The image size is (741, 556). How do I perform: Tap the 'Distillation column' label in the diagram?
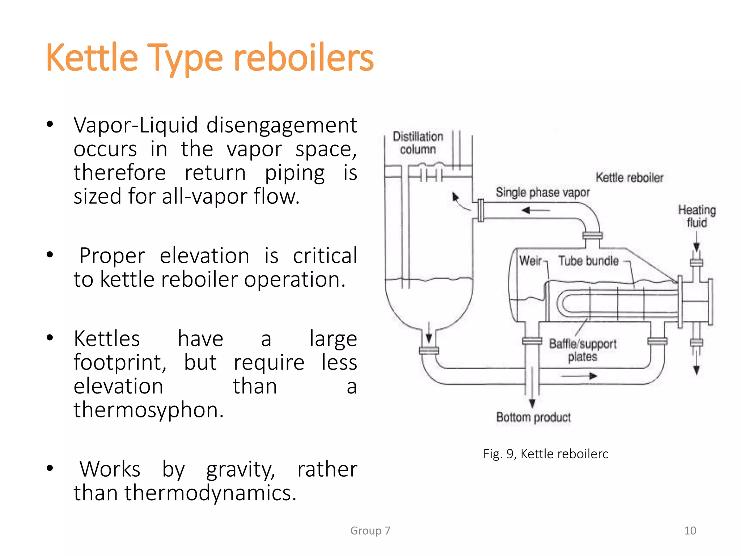(418, 143)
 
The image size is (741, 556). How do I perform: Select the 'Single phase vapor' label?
(542, 192)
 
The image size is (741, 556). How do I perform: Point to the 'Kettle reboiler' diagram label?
(630, 177)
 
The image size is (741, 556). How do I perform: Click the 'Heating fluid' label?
(697, 216)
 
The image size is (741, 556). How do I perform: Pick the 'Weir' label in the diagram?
(530, 261)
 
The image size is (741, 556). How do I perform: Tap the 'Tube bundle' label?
(588, 261)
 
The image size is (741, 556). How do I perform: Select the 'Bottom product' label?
(533, 417)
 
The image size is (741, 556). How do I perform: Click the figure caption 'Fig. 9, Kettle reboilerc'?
(546, 454)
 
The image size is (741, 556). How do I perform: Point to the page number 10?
(690, 531)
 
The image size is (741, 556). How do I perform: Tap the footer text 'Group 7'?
(370, 531)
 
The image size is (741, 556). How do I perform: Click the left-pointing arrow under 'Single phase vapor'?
(535, 210)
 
